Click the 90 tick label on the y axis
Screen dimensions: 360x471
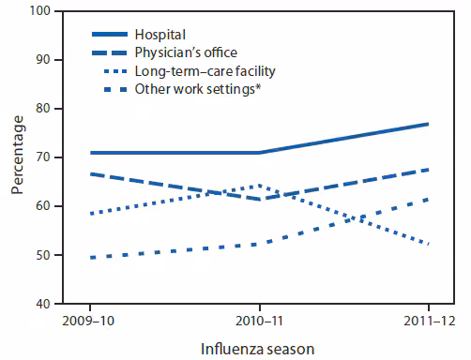[44, 60]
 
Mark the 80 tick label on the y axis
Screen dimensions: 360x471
[44, 109]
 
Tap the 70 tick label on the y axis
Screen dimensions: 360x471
[44, 157]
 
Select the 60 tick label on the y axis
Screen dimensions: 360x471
[44, 206]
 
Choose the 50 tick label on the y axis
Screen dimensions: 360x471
[44, 255]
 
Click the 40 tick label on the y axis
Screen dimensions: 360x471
[44, 304]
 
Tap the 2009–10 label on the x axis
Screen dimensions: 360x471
[90, 322]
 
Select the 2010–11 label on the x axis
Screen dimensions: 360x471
[259, 322]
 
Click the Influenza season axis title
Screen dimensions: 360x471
[259, 348]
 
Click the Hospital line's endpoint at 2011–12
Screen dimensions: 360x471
[428, 124]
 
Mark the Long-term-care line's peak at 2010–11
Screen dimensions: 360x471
[259, 186]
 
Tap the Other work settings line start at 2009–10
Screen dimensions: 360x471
[90, 257]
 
